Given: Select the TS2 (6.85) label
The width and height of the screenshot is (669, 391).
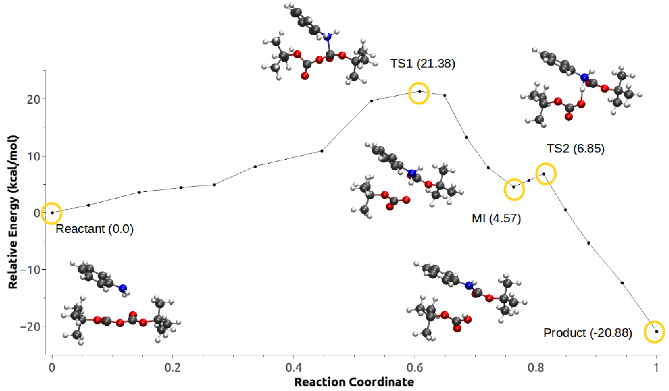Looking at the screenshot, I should pyautogui.click(x=575, y=148).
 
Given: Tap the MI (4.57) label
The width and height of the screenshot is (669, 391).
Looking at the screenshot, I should pyautogui.click(x=496, y=218).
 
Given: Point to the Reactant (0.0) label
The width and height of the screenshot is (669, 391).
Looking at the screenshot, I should pyautogui.click(x=94, y=229).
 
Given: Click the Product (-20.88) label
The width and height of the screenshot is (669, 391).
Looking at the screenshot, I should pyautogui.click(x=588, y=333).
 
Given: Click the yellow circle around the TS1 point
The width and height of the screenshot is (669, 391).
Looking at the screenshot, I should pyautogui.click(x=419, y=93).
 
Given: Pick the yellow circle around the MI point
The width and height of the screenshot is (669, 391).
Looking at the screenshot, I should pyautogui.click(x=514, y=189).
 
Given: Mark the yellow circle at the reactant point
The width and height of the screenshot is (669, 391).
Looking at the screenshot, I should pyautogui.click(x=52, y=213).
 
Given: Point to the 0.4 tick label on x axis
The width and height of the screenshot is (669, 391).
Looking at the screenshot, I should pyautogui.click(x=294, y=368).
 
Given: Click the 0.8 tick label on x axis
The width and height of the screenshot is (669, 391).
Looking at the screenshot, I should pyautogui.click(x=536, y=368).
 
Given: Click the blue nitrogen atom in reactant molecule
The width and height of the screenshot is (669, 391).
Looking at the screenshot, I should pyautogui.click(x=123, y=288).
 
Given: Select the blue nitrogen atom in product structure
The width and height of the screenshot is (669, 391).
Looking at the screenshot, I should pyautogui.click(x=469, y=285).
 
